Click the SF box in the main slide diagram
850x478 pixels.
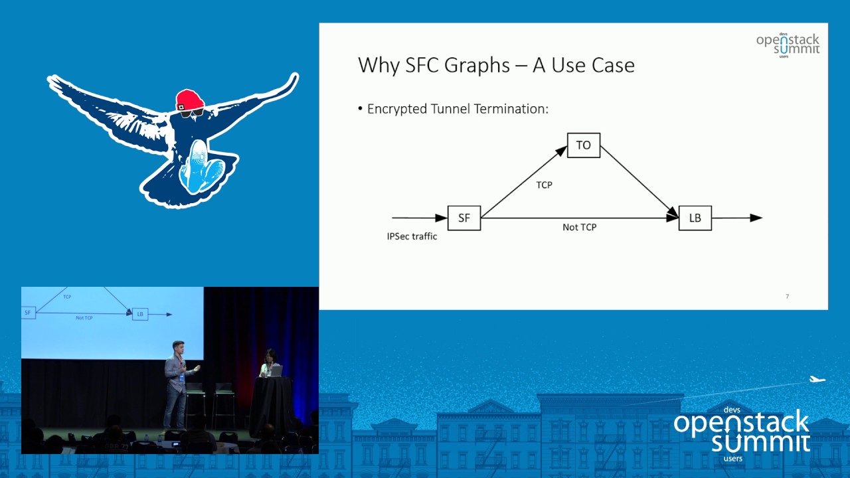click(x=464, y=218)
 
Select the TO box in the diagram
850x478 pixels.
click(x=583, y=145)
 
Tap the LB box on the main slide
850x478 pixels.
click(x=695, y=218)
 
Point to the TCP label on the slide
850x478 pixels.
click(x=544, y=185)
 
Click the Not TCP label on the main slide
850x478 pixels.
click(x=579, y=227)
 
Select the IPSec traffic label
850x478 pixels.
click(x=412, y=236)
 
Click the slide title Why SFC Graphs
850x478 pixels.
click(x=496, y=65)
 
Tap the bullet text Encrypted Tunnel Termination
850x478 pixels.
click(x=457, y=109)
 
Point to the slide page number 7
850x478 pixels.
click(x=787, y=296)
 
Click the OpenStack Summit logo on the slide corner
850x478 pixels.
click(x=788, y=45)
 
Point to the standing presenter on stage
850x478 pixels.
click(x=176, y=385)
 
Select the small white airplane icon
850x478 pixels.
click(x=817, y=380)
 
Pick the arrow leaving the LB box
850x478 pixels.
click(x=737, y=218)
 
